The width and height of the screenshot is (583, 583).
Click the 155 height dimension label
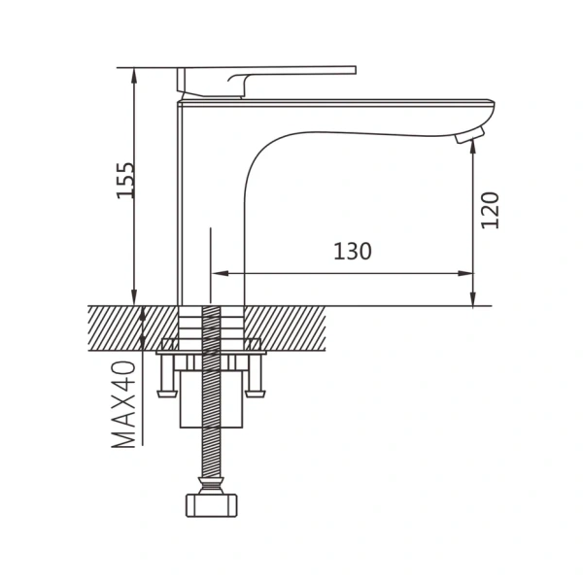click(x=125, y=181)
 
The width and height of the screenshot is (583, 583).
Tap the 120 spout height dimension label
click(x=490, y=210)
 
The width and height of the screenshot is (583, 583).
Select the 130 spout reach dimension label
click(x=352, y=252)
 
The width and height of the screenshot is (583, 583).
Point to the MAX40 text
click(x=123, y=404)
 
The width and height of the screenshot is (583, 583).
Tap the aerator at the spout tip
click(x=469, y=135)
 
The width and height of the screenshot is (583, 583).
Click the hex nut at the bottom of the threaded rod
click(x=211, y=505)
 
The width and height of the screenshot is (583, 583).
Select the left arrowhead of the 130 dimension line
click(x=220, y=274)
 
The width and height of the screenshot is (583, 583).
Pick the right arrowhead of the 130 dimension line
click(x=465, y=274)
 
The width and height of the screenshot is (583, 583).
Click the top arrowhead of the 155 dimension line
click(x=134, y=76)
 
